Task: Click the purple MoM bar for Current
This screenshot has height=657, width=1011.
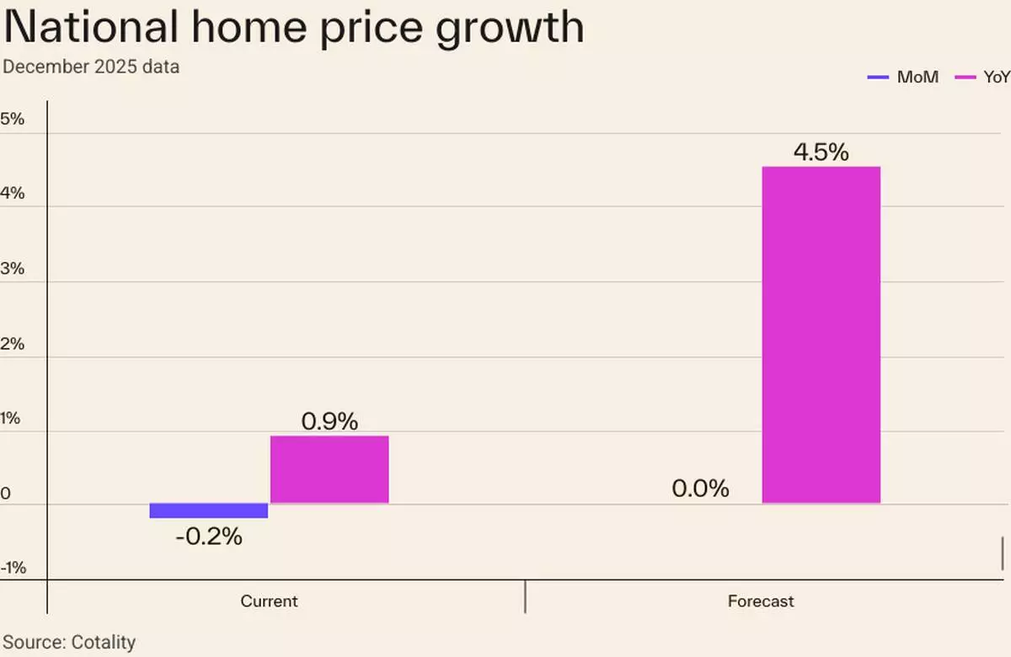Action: pyautogui.click(x=209, y=510)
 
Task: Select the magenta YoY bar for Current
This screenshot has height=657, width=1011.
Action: pyautogui.click(x=329, y=469)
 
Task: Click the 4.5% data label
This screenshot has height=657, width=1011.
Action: pyautogui.click(x=821, y=152)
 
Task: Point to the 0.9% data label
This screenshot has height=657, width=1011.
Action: pyautogui.click(x=329, y=421)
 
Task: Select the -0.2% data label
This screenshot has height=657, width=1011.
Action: pyautogui.click(x=209, y=537)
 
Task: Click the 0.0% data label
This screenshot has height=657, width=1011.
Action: pyautogui.click(x=700, y=489)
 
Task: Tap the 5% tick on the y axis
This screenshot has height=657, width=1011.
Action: pyautogui.click(x=13, y=120)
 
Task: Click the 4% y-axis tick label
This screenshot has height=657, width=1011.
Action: pyautogui.click(x=13, y=194)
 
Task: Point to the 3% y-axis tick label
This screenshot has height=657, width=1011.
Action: pyautogui.click(x=13, y=270)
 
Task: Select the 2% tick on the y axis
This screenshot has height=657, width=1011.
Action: pyautogui.click(x=13, y=345)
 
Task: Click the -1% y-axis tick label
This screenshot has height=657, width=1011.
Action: pyautogui.click(x=13, y=569)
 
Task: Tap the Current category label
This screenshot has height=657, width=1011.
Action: pyautogui.click(x=269, y=601)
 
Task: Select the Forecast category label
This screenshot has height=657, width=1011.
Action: pyautogui.click(x=761, y=601)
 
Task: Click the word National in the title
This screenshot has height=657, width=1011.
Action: pyautogui.click(x=91, y=27)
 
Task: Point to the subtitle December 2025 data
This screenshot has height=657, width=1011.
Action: pyautogui.click(x=91, y=67)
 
